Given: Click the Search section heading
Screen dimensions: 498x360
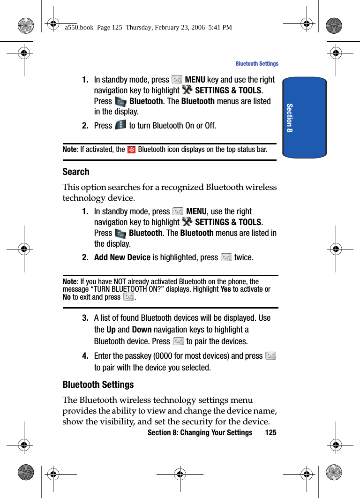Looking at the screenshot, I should click(x=76, y=172).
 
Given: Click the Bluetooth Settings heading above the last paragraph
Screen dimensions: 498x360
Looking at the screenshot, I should click(x=98, y=385).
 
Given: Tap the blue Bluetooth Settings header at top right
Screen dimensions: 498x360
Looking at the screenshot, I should click(x=256, y=64).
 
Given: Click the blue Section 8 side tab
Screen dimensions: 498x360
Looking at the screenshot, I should click(x=304, y=118).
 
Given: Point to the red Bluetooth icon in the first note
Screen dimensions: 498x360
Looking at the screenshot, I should click(x=132, y=150).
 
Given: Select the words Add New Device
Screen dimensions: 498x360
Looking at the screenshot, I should click(x=122, y=257).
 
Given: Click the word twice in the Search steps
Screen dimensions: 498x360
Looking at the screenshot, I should click(x=244, y=257).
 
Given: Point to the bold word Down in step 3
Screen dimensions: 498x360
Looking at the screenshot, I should click(x=142, y=330).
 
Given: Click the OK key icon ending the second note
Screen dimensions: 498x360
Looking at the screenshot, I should click(x=128, y=297).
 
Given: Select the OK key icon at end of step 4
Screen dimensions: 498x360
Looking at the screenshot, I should click(x=270, y=356).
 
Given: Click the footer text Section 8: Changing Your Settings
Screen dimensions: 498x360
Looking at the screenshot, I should click(x=200, y=432).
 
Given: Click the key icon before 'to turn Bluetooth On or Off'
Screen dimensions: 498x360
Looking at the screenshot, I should click(x=120, y=125).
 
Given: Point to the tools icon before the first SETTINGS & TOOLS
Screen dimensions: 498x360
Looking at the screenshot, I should click(x=187, y=90).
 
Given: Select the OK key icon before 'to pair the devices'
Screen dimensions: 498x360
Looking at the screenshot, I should click(x=178, y=341).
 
